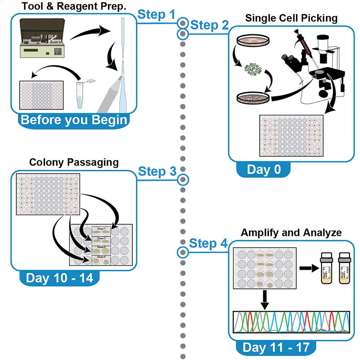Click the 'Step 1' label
click(157, 16)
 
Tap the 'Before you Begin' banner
click(74, 120)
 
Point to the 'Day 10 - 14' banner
click(60, 278)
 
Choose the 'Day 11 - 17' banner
click(276, 347)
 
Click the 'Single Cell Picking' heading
click(291, 18)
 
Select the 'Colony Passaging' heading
click(74, 162)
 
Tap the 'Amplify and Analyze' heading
click(291, 232)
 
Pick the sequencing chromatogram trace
click(291, 322)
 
